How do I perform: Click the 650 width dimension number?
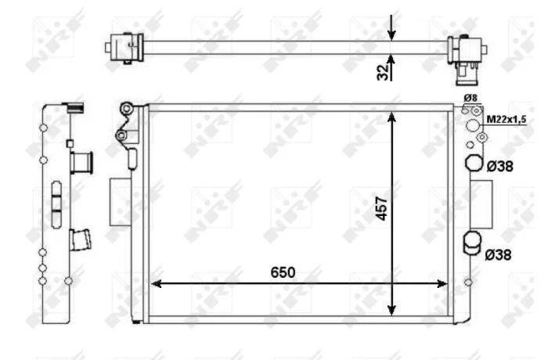point(283,272)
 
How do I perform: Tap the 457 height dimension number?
point(382,209)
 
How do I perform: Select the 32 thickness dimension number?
point(383,72)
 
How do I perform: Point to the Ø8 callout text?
point(470,98)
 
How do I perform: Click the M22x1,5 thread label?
point(507,119)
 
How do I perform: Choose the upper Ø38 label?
point(500,167)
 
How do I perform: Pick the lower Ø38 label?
point(498,255)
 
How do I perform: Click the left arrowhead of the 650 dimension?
point(156,283)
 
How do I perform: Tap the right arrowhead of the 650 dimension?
point(442,283)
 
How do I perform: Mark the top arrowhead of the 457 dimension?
point(391,117)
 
